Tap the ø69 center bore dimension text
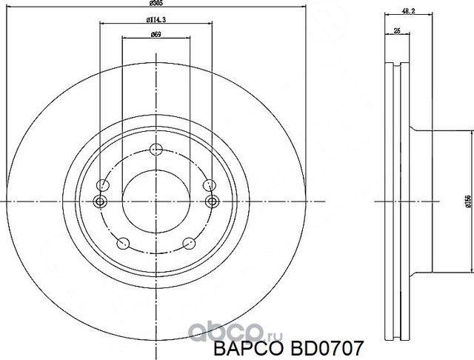point(156,34)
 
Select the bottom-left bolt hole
point(124,242)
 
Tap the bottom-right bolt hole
point(188,242)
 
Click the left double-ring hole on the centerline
point(101,201)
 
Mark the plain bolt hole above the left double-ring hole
point(104,184)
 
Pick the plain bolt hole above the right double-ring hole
point(207,184)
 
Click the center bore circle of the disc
point(156,201)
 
